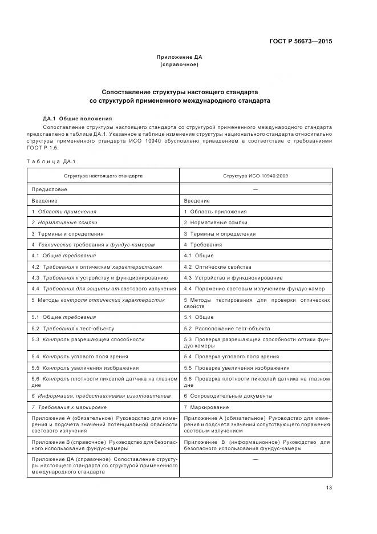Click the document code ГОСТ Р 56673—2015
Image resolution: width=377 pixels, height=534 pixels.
pos(300,41)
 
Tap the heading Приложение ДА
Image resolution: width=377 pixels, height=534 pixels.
pos(179,57)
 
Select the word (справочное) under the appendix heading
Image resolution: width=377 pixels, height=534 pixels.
pos(179,64)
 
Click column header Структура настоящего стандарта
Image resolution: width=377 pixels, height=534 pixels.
pos(103,176)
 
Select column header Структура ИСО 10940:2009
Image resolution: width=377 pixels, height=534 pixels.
pos(256,176)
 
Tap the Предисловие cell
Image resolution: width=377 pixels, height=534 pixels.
pos(50,189)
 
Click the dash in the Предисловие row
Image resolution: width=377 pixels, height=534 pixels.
pos(256,189)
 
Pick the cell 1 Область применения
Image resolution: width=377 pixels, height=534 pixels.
pos(64,211)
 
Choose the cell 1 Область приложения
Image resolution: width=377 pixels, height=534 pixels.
pos(215,211)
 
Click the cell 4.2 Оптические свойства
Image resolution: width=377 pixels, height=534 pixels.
pos(217,266)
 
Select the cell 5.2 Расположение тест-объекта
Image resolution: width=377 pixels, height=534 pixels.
pos(227,329)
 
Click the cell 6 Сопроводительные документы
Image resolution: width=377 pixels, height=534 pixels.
pos(228,396)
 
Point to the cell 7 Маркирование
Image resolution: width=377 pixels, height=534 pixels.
pos(206,407)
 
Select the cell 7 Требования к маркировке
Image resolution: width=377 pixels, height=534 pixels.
pos(69,407)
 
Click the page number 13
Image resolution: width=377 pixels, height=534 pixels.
pos(329,487)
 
